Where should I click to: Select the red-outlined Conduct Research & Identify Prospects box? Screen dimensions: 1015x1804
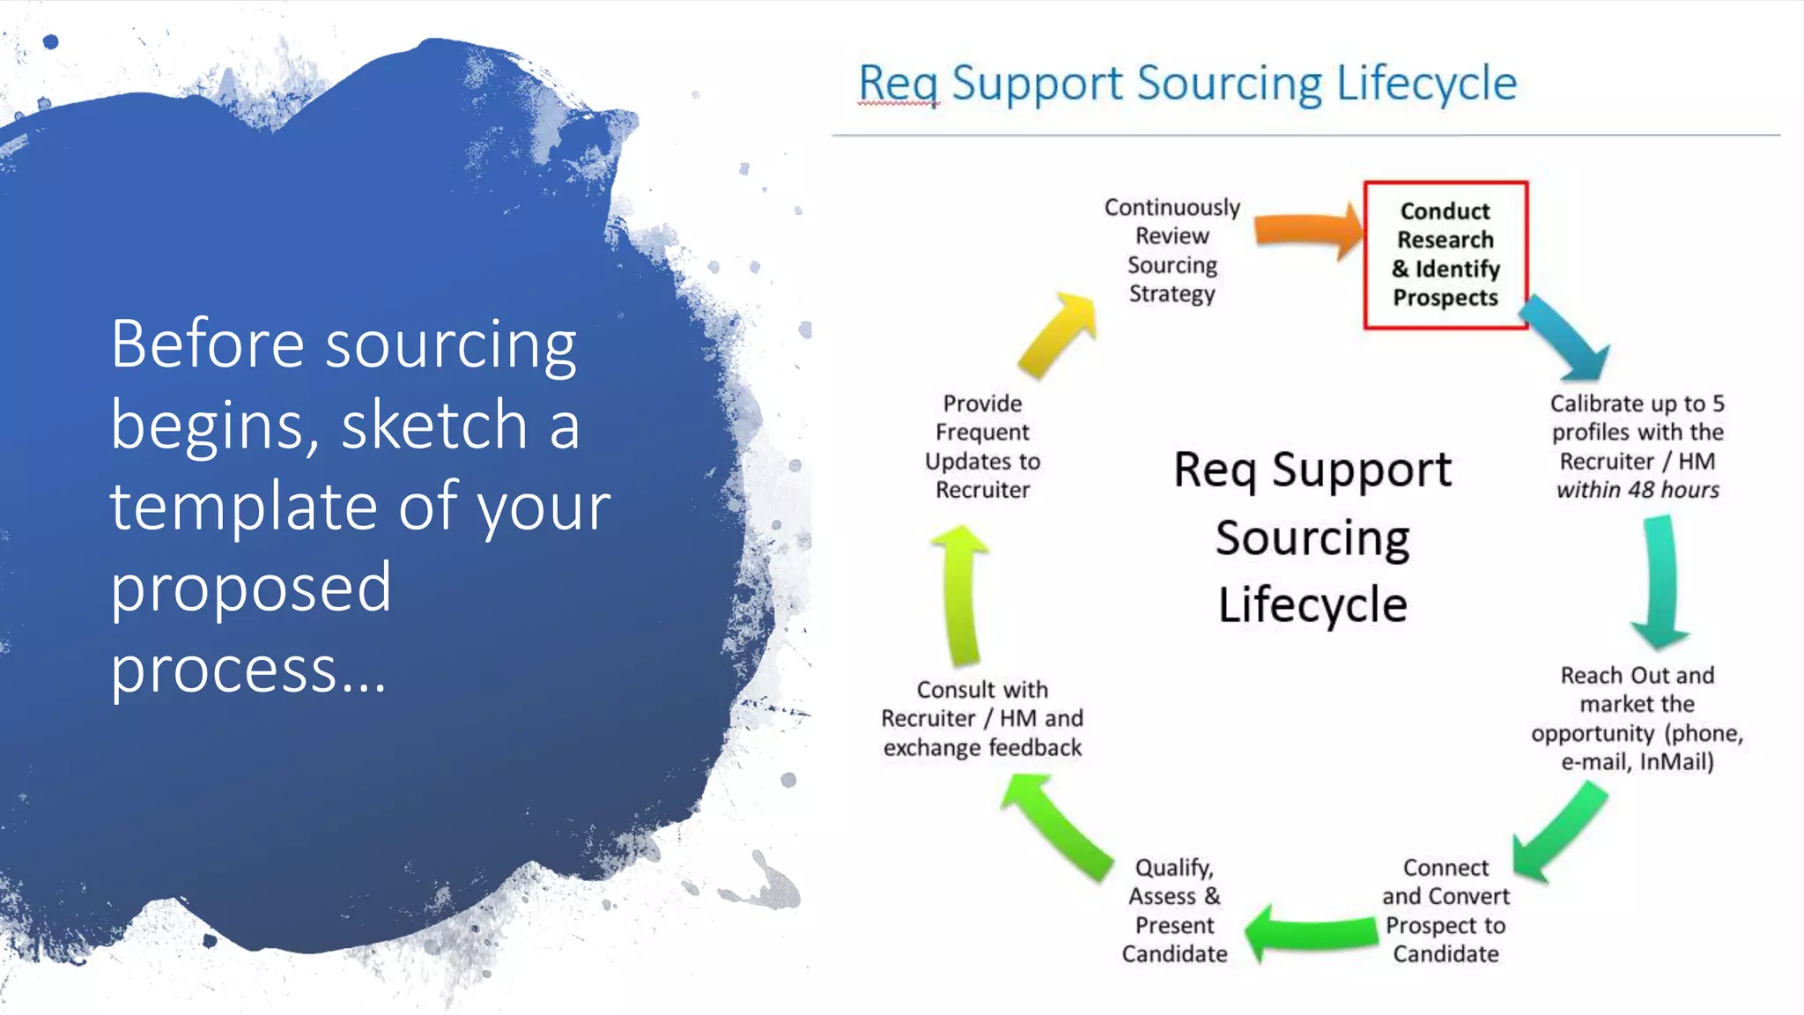pyautogui.click(x=1445, y=255)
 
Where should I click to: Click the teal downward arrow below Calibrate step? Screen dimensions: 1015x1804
pyautogui.click(x=1660, y=582)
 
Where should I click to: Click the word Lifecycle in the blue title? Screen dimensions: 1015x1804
pyautogui.click(x=1426, y=85)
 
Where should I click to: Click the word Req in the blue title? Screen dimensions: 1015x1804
pyautogui.click(x=898, y=85)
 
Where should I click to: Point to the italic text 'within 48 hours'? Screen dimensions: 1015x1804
pyautogui.click(x=1638, y=490)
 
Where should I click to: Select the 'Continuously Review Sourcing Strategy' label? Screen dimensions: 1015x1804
pyautogui.click(x=1172, y=250)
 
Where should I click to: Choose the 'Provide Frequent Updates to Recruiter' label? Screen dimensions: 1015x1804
pyautogui.click(x=982, y=446)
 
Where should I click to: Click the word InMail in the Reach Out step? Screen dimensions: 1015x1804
pyautogui.click(x=1675, y=761)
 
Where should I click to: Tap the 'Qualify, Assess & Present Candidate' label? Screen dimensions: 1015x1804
pyautogui.click(x=1174, y=910)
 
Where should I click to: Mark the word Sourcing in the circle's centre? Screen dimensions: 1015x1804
pyautogui.click(x=1312, y=538)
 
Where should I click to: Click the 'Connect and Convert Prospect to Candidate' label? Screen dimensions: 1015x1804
pyautogui.click(x=1445, y=910)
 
